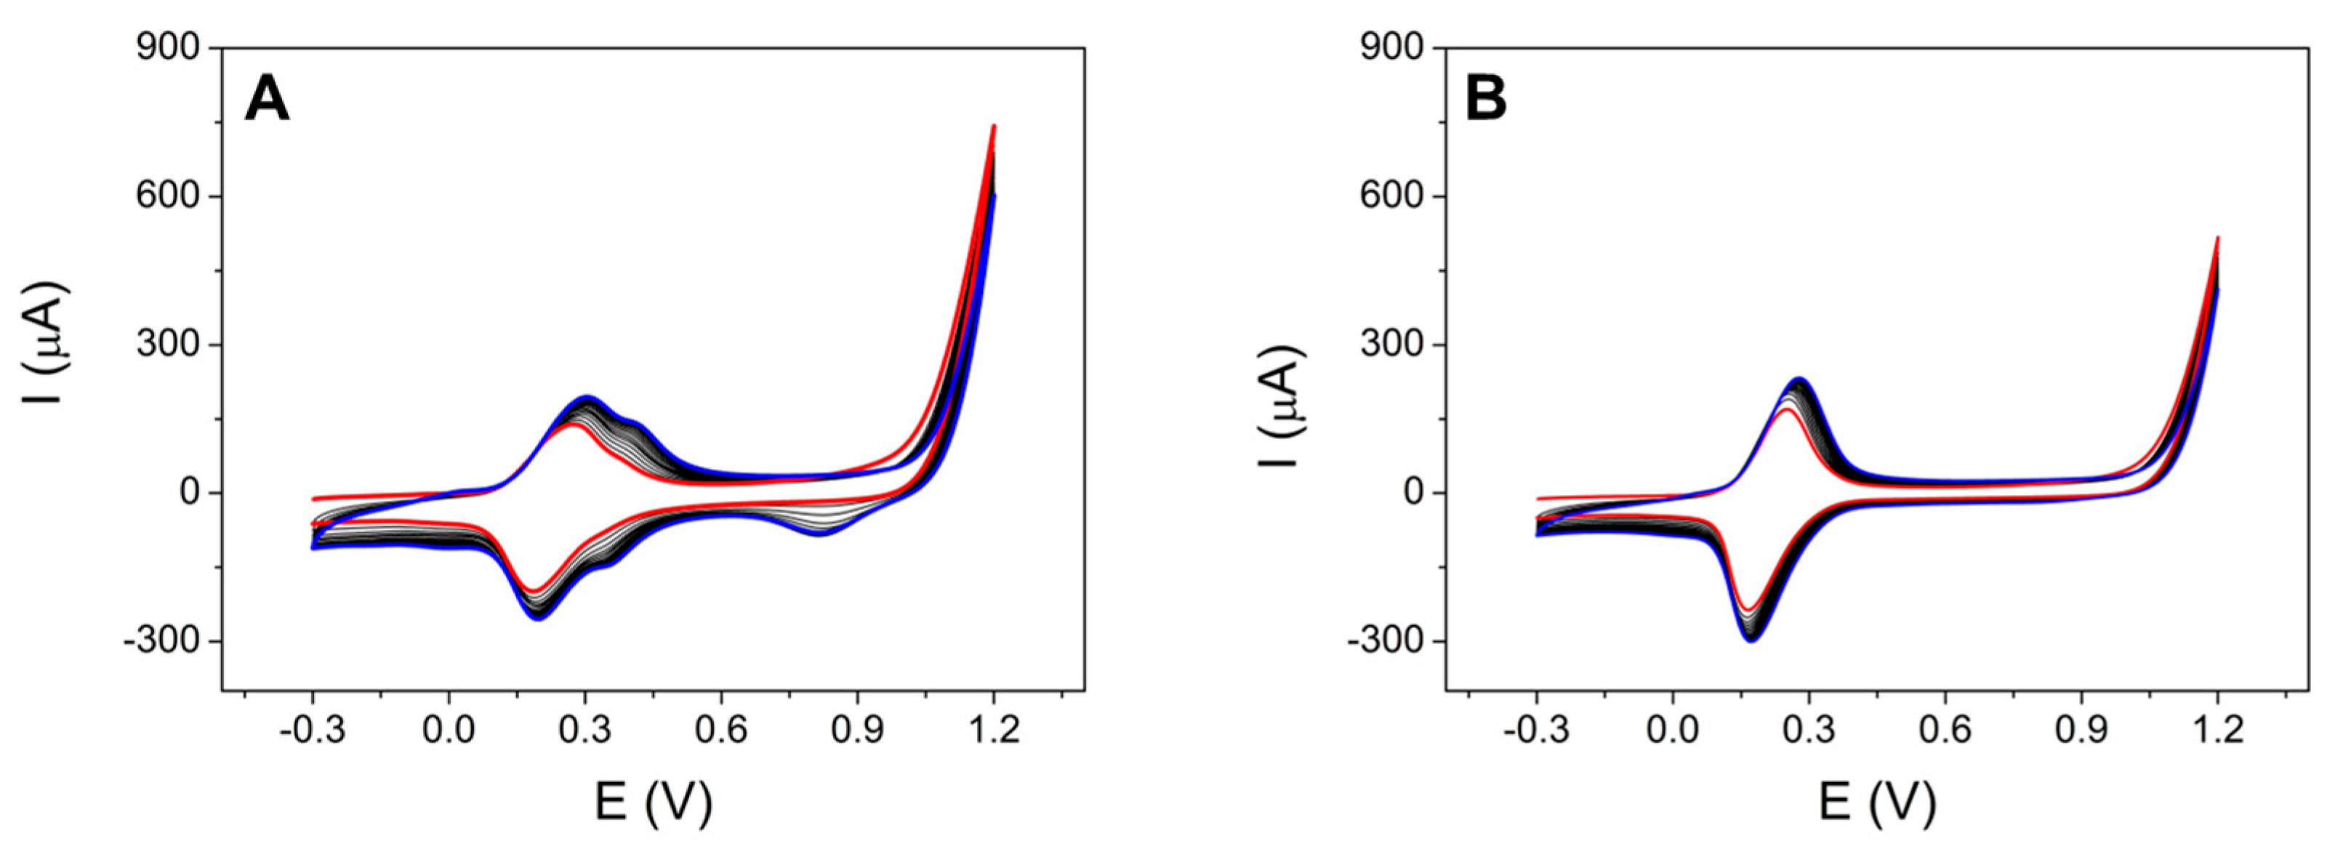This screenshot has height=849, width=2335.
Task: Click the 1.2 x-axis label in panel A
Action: click(x=994, y=729)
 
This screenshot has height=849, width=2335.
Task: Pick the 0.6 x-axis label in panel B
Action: click(x=1945, y=729)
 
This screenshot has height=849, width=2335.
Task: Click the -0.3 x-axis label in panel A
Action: click(x=313, y=729)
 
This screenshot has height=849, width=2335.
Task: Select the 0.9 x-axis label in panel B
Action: click(x=2081, y=729)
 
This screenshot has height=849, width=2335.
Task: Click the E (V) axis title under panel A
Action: click(x=653, y=802)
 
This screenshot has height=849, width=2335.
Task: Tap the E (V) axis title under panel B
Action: click(x=1876, y=802)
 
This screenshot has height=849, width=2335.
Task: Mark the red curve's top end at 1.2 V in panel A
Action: click(x=994, y=127)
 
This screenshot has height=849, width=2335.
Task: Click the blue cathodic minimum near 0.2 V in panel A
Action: click(x=539, y=619)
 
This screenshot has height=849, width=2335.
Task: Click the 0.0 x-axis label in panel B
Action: click(x=1673, y=729)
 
